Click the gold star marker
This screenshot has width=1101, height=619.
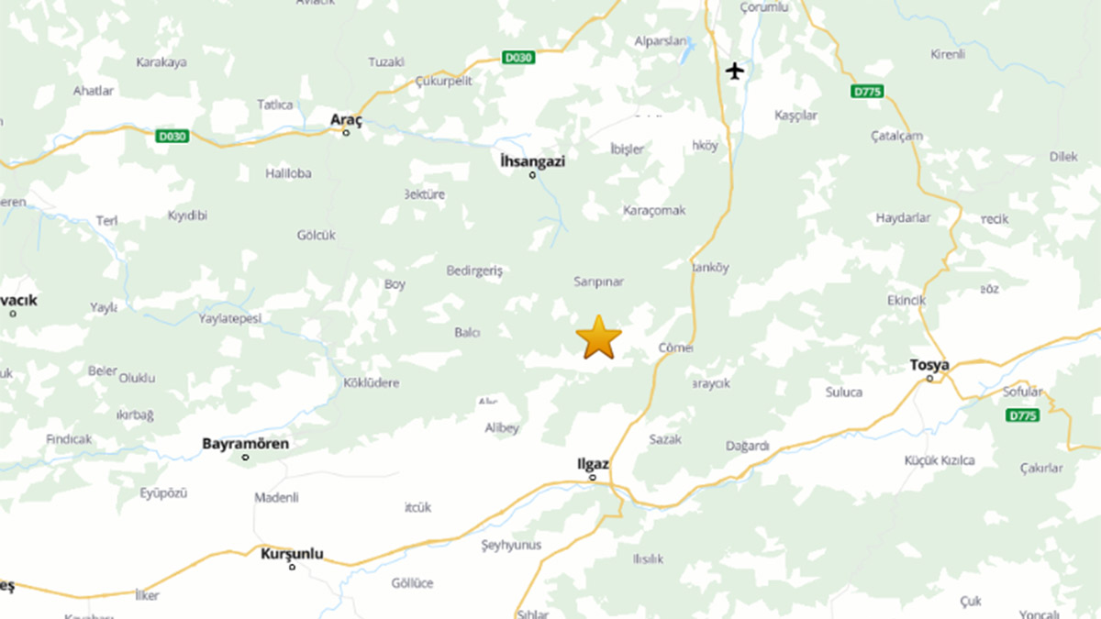coord(598,337)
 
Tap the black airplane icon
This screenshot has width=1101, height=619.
coord(734,70)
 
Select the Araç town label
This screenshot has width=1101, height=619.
coord(347,119)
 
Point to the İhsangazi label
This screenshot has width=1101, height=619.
coord(532,160)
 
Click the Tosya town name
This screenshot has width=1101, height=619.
coord(929,364)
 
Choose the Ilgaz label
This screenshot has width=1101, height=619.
coord(592,464)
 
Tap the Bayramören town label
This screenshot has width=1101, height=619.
coord(245,444)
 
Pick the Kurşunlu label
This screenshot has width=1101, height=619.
coord(292,554)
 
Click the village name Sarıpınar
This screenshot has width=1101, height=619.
coord(598,282)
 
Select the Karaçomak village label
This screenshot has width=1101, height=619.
coord(654,210)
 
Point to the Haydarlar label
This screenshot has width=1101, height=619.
coord(903,217)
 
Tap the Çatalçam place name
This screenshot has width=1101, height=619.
coord(896,136)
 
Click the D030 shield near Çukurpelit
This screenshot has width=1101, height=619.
coord(517,57)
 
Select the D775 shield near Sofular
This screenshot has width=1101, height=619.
coord(1021,415)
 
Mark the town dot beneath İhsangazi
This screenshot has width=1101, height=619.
coord(532,174)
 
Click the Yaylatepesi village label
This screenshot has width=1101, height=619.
coord(230,318)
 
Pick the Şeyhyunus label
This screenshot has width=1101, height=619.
coord(511,545)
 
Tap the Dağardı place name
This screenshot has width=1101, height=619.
coord(747,446)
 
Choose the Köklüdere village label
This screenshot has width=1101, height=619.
coord(371,382)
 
